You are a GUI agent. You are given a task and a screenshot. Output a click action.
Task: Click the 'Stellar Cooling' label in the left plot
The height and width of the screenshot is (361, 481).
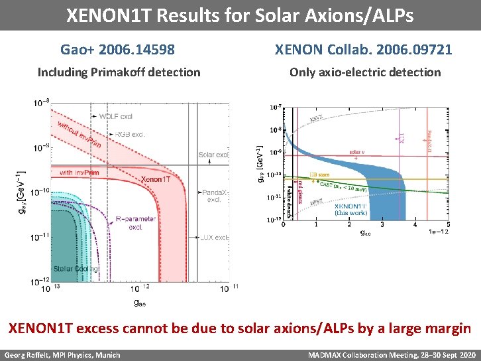pos(77,269)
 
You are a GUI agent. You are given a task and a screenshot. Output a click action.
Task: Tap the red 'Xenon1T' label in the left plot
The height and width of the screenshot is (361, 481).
pos(156,179)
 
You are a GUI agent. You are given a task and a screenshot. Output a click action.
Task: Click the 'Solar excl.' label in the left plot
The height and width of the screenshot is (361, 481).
pos(214,155)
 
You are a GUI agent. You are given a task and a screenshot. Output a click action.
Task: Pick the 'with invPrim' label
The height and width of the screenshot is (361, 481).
pos(76,173)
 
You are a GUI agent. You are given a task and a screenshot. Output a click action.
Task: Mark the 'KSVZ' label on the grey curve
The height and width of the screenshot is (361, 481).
pos(317,119)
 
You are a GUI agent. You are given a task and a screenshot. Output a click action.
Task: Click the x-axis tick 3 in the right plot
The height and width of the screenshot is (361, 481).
pos(382,226)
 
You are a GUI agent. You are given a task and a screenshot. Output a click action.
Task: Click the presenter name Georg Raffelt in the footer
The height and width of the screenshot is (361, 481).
pos(31,355)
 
